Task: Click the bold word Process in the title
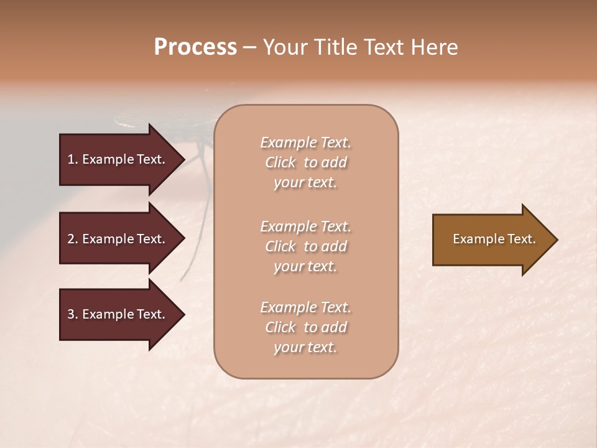pos(195,47)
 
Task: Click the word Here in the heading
pos(434,47)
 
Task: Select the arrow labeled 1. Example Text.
pos(116,159)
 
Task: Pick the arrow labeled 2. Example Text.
pos(116,239)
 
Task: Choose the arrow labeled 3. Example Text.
pos(116,314)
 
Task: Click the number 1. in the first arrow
pos(73,159)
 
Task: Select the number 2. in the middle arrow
pos(73,239)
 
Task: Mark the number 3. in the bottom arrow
pos(73,314)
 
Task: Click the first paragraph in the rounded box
pos(305,162)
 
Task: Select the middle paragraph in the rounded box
pos(305,246)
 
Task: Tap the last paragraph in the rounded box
pos(305,327)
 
